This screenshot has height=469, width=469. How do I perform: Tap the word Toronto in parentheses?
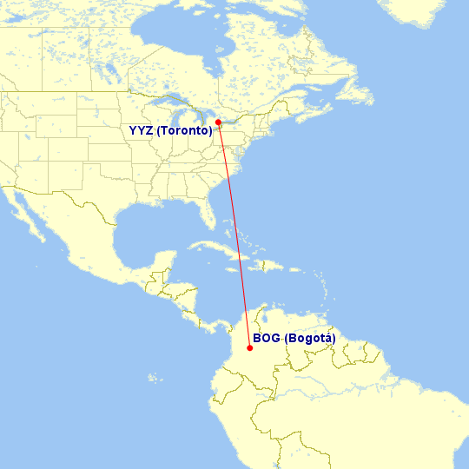(184, 131)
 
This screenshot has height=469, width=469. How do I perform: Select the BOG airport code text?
(266, 338)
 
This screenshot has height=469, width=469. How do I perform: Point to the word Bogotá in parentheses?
(309, 338)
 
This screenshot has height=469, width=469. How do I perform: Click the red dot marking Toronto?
(218, 122)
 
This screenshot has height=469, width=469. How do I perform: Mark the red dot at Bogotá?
(249, 348)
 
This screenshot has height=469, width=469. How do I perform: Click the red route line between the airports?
(234, 234)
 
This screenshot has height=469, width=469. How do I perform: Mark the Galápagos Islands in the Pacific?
(155, 378)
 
